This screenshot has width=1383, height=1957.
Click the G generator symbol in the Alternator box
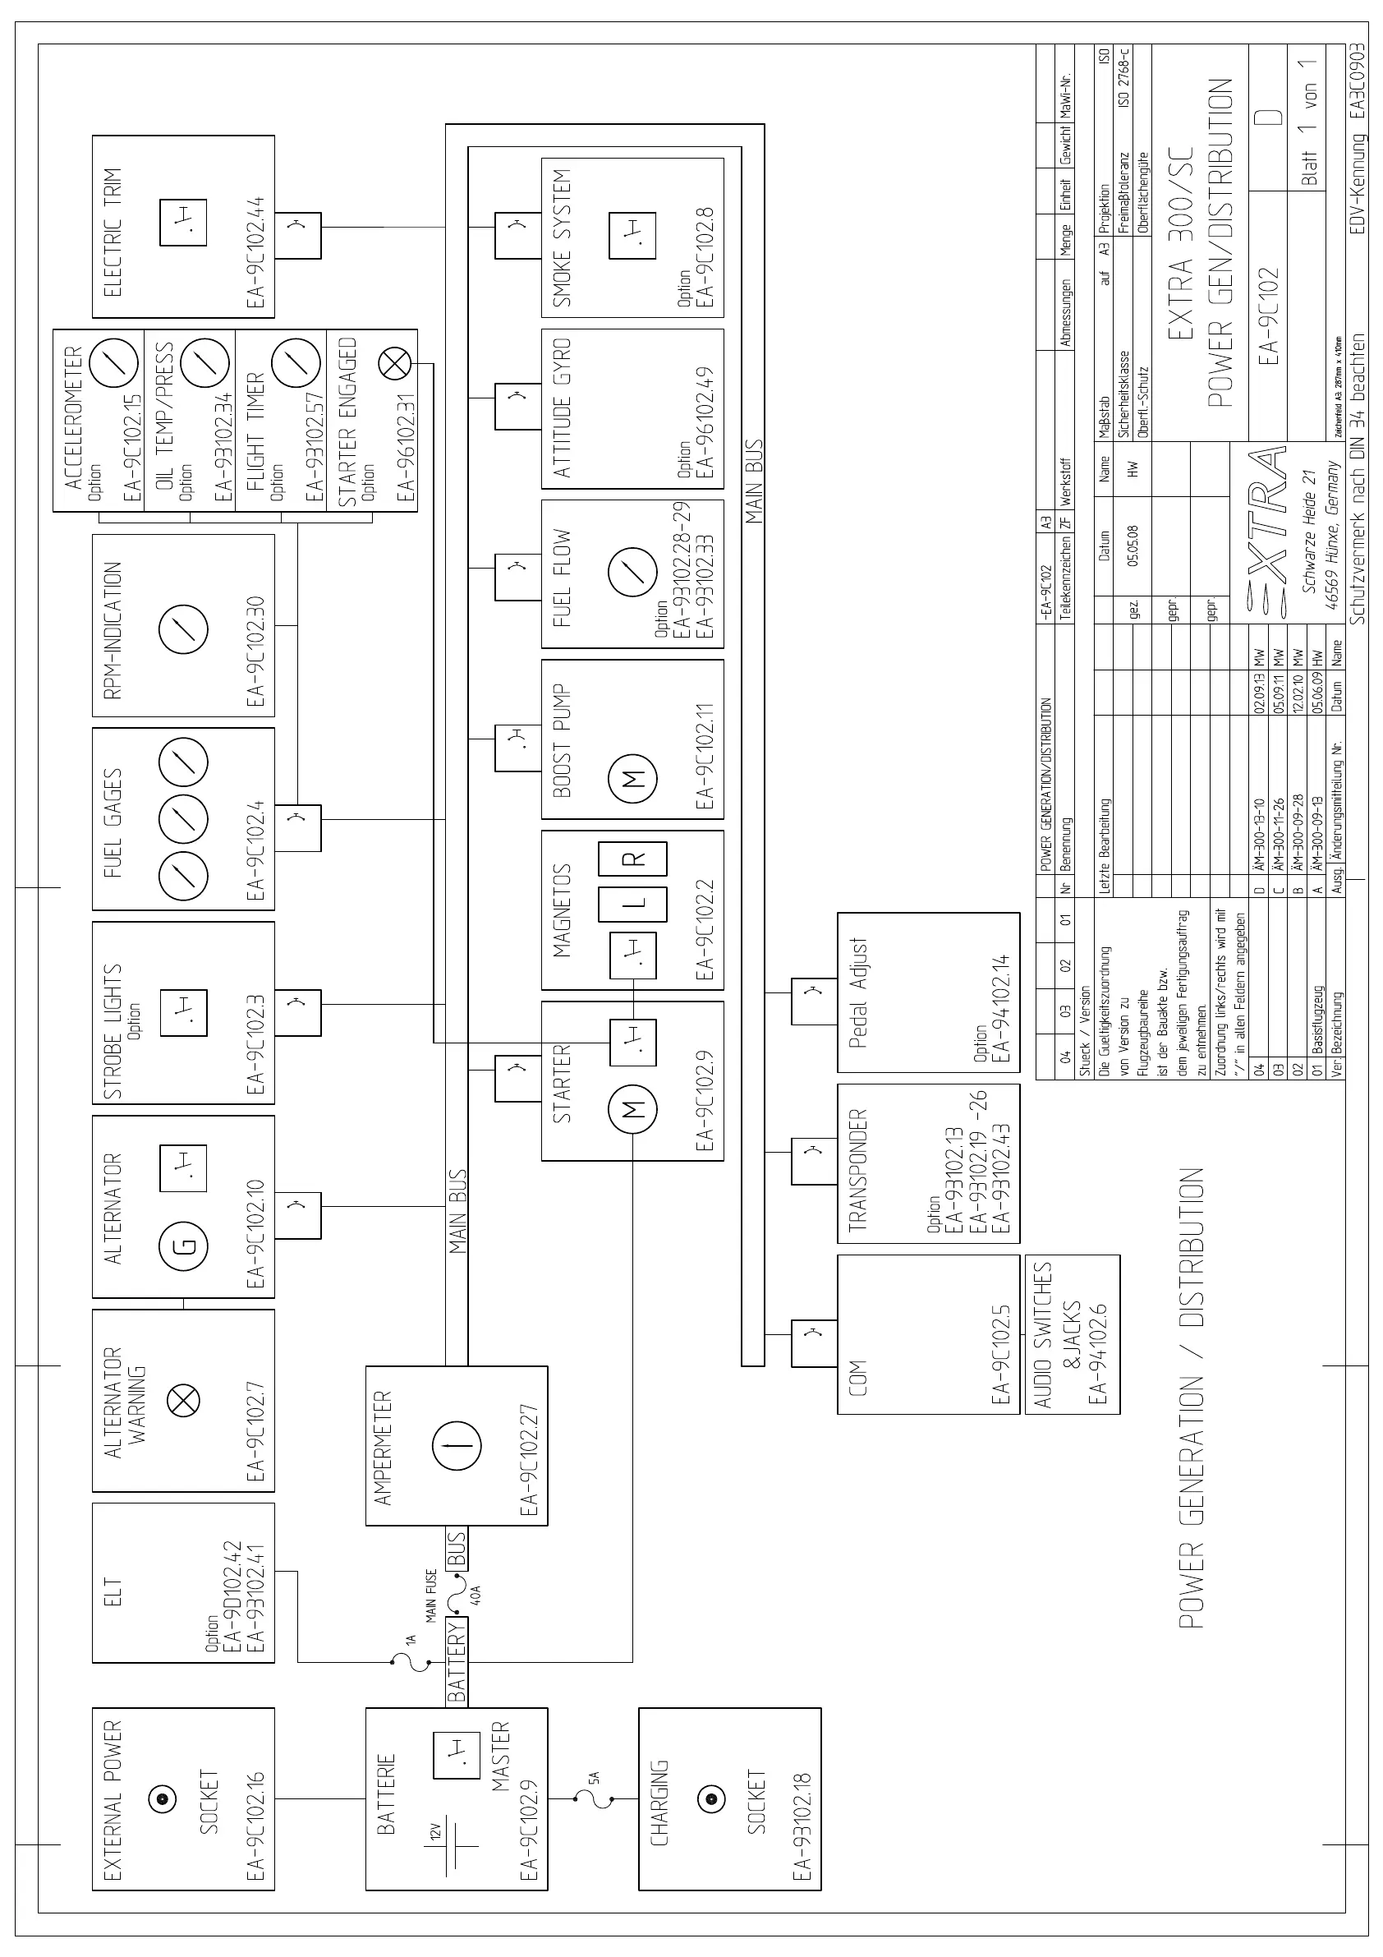pos(183,1246)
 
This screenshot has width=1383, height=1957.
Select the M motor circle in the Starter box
pos(632,1110)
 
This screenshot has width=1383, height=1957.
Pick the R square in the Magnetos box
pos(632,859)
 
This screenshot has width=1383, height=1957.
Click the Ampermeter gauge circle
pos(457,1446)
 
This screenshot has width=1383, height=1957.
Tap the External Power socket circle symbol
pos(162,1798)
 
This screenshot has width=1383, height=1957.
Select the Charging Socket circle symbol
pos(709,1798)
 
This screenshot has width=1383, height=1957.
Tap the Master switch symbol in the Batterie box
pos(456,1755)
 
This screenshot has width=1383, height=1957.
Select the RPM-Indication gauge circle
pos(184,629)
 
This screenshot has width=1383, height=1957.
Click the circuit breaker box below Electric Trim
pos(297,235)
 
